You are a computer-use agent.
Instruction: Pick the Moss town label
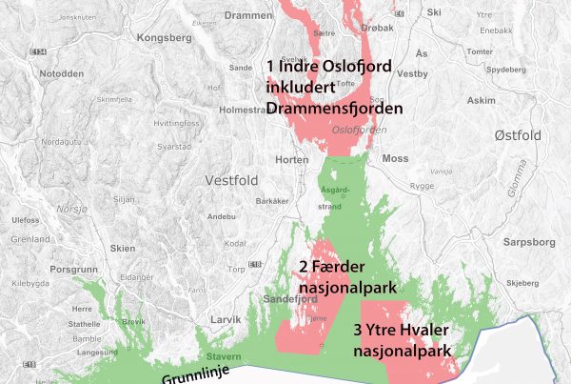coord(395,159)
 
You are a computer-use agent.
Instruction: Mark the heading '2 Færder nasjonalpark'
coord(338,275)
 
